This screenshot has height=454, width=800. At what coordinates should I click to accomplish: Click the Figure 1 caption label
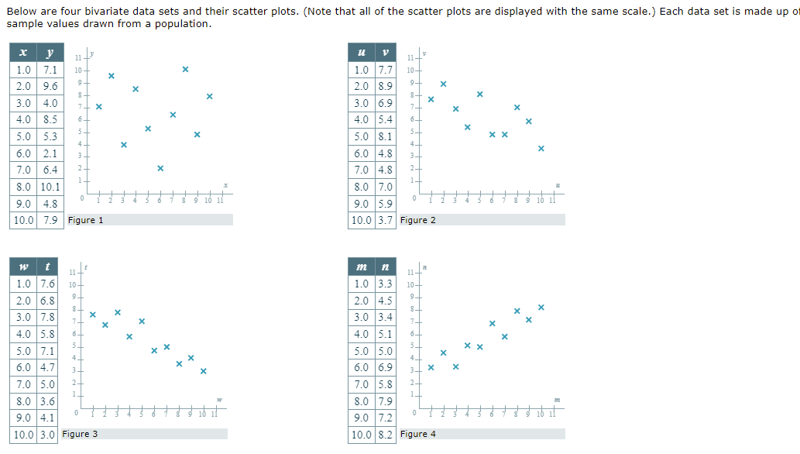click(85, 220)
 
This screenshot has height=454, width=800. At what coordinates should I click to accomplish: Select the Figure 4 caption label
click(418, 434)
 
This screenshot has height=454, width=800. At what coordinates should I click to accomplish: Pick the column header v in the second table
click(385, 53)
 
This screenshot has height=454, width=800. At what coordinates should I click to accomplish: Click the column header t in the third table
click(48, 267)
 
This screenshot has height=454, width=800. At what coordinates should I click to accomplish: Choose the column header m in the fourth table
click(362, 267)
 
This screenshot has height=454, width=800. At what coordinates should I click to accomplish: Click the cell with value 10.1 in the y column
click(49, 187)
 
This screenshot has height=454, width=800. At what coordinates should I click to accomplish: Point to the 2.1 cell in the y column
click(49, 153)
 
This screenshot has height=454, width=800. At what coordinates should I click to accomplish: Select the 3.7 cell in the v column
click(385, 220)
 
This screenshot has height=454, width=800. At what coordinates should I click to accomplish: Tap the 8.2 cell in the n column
click(385, 435)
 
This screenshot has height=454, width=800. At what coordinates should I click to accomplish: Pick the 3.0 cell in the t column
click(48, 435)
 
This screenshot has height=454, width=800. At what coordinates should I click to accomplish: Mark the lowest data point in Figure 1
click(160, 168)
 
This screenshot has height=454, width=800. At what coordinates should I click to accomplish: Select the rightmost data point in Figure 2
click(541, 148)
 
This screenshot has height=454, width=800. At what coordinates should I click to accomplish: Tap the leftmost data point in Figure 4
click(431, 367)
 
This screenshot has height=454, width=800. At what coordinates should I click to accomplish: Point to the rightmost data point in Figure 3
click(204, 371)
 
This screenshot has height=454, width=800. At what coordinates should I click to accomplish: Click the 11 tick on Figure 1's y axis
click(77, 59)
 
